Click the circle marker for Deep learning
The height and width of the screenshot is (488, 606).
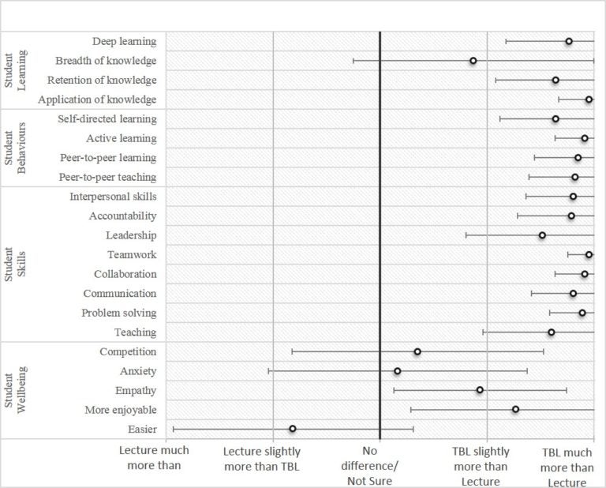point(569,41)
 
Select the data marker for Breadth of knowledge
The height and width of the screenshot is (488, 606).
point(473,61)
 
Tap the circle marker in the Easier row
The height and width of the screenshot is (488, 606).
point(293,429)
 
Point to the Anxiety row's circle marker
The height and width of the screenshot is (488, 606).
point(398,371)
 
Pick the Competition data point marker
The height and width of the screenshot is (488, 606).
point(417,351)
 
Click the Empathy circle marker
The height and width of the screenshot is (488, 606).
point(480,390)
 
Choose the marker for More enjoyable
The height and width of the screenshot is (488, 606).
point(515,409)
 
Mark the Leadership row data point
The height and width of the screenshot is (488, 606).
point(542,235)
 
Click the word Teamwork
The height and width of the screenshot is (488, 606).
point(132,254)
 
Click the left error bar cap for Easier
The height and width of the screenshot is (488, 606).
point(174,429)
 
